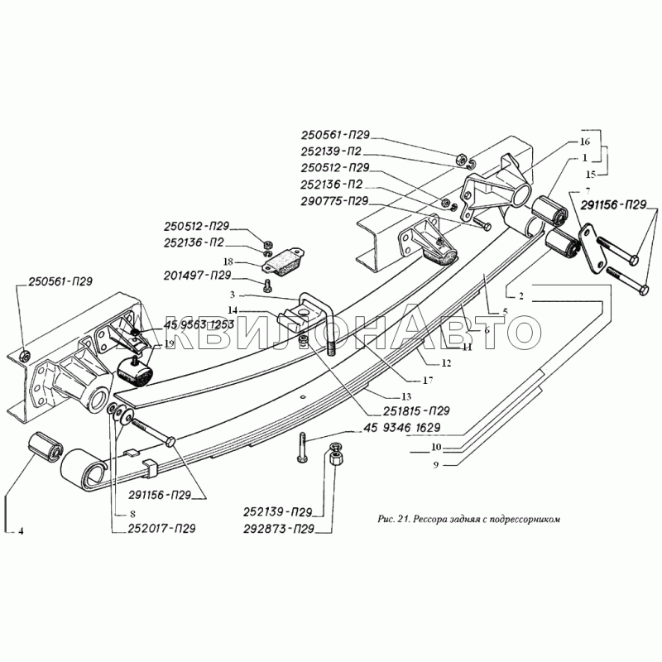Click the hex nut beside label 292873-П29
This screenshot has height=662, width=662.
tap(337, 456)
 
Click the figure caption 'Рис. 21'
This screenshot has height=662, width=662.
tap(470, 520)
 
